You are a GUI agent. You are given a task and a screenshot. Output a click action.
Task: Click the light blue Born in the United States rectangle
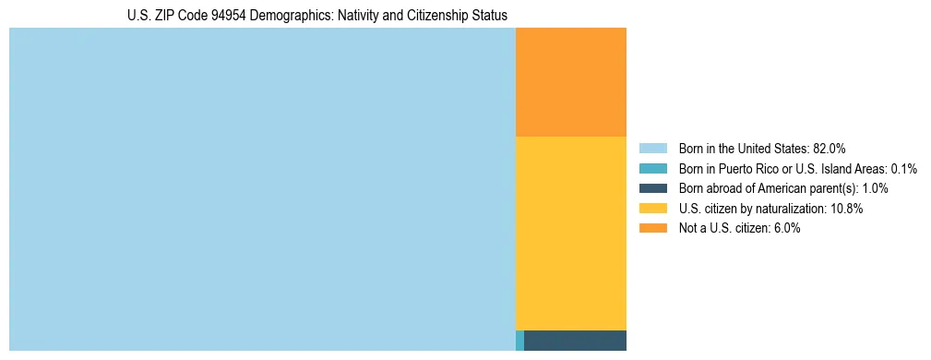click(262, 189)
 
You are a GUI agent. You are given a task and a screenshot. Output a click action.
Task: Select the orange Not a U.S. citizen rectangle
click(570, 82)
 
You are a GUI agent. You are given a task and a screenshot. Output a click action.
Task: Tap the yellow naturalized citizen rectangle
click(570, 233)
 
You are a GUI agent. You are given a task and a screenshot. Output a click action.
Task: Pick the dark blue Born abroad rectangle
click(575, 340)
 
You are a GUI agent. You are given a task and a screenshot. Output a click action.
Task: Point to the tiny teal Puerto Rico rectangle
click(519, 340)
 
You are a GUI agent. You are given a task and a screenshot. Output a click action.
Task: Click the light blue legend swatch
click(652, 148)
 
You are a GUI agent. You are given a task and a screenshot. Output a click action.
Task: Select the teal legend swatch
click(652, 168)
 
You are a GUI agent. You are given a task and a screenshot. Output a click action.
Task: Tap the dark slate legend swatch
click(652, 188)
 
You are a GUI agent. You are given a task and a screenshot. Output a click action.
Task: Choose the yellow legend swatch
click(652, 209)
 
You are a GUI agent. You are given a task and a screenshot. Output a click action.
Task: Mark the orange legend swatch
click(652, 228)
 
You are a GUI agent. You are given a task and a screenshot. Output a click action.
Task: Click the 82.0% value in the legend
click(829, 148)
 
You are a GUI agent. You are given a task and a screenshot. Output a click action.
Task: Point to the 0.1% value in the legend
click(903, 168)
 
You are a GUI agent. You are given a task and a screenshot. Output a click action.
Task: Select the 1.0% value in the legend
click(875, 188)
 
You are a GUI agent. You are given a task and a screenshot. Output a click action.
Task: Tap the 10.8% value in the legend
click(846, 209)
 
